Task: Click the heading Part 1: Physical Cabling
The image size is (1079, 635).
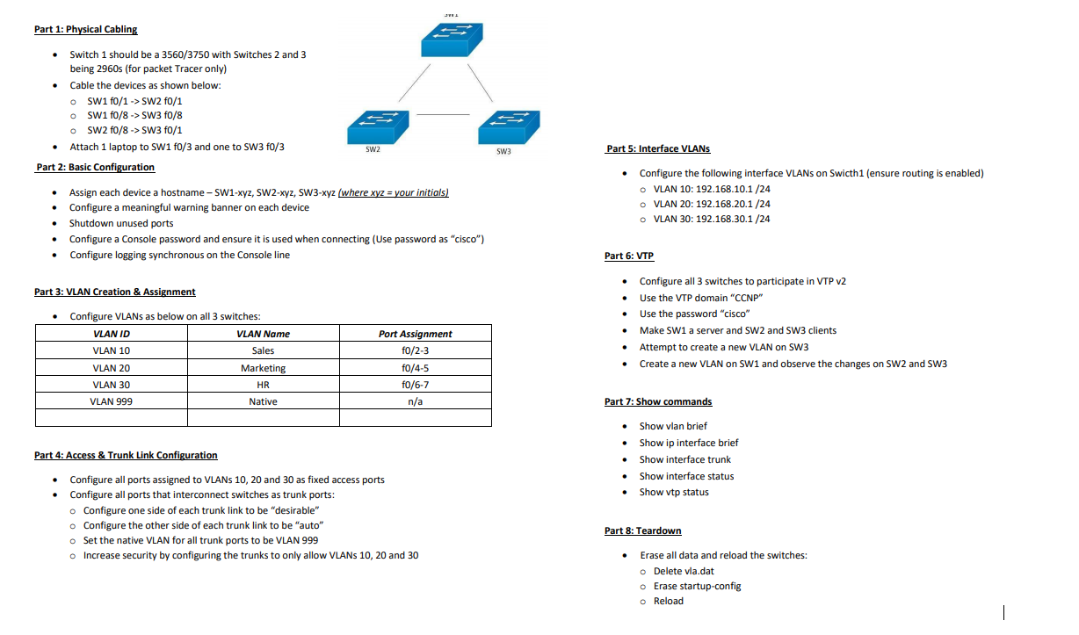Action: (85, 29)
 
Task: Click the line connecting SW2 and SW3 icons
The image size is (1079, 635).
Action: (444, 115)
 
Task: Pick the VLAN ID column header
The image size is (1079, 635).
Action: (112, 334)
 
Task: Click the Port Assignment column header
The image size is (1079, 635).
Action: (415, 334)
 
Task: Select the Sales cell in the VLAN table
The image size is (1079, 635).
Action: (263, 350)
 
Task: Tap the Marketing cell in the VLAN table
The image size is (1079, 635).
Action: (263, 368)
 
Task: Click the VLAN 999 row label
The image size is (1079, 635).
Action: (112, 401)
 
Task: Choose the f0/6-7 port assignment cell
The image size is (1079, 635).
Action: (415, 385)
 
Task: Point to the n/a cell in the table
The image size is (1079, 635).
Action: (415, 401)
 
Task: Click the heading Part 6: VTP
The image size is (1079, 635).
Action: (629, 256)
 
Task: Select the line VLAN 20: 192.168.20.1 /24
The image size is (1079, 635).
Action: (712, 204)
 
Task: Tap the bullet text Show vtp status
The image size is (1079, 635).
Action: (674, 492)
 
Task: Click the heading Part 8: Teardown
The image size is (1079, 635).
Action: (642, 530)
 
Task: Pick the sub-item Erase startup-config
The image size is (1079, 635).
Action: (697, 586)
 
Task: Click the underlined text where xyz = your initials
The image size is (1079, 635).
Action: (393, 192)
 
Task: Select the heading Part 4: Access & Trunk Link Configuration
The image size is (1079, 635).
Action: (126, 455)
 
